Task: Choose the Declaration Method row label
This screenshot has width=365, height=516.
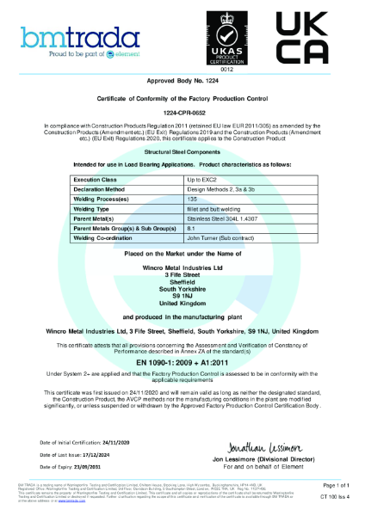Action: pyautogui.click(x=99, y=188)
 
